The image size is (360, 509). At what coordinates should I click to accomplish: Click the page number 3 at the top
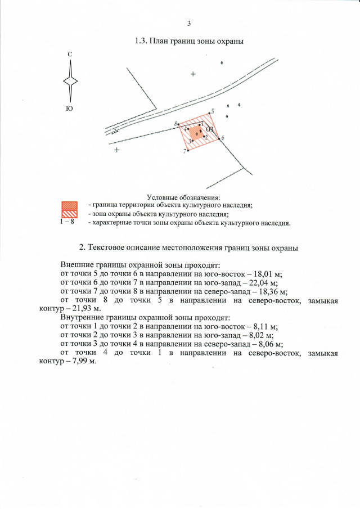pyautogui.click(x=188, y=24)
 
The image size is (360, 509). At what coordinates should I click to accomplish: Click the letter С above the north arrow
pyautogui.click(x=70, y=54)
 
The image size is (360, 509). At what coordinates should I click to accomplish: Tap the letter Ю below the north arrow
pyautogui.click(x=70, y=107)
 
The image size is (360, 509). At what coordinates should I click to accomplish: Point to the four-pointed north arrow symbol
pyautogui.click(x=70, y=80)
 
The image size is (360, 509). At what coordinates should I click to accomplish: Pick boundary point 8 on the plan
pyautogui.click(x=178, y=124)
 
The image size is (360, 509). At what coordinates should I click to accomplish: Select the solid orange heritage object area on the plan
pyautogui.click(x=195, y=133)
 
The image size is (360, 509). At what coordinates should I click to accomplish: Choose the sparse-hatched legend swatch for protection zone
pyautogui.click(x=68, y=214)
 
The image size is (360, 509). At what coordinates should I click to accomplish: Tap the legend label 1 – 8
pyautogui.click(x=68, y=222)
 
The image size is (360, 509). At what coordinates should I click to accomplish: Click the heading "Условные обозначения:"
pyautogui.click(x=183, y=197)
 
